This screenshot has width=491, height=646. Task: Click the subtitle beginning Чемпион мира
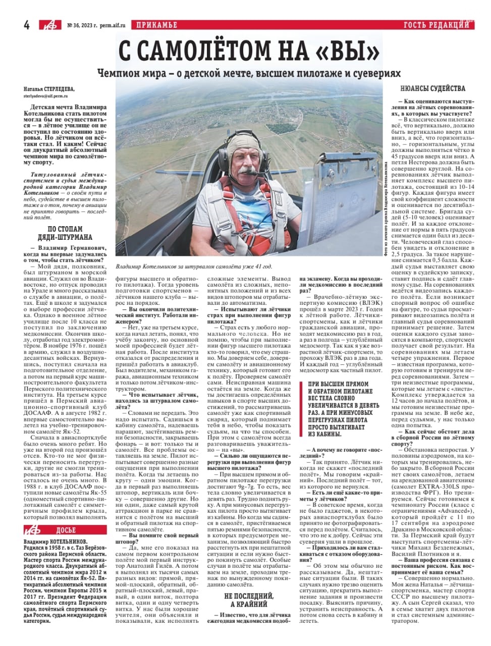(249, 73)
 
